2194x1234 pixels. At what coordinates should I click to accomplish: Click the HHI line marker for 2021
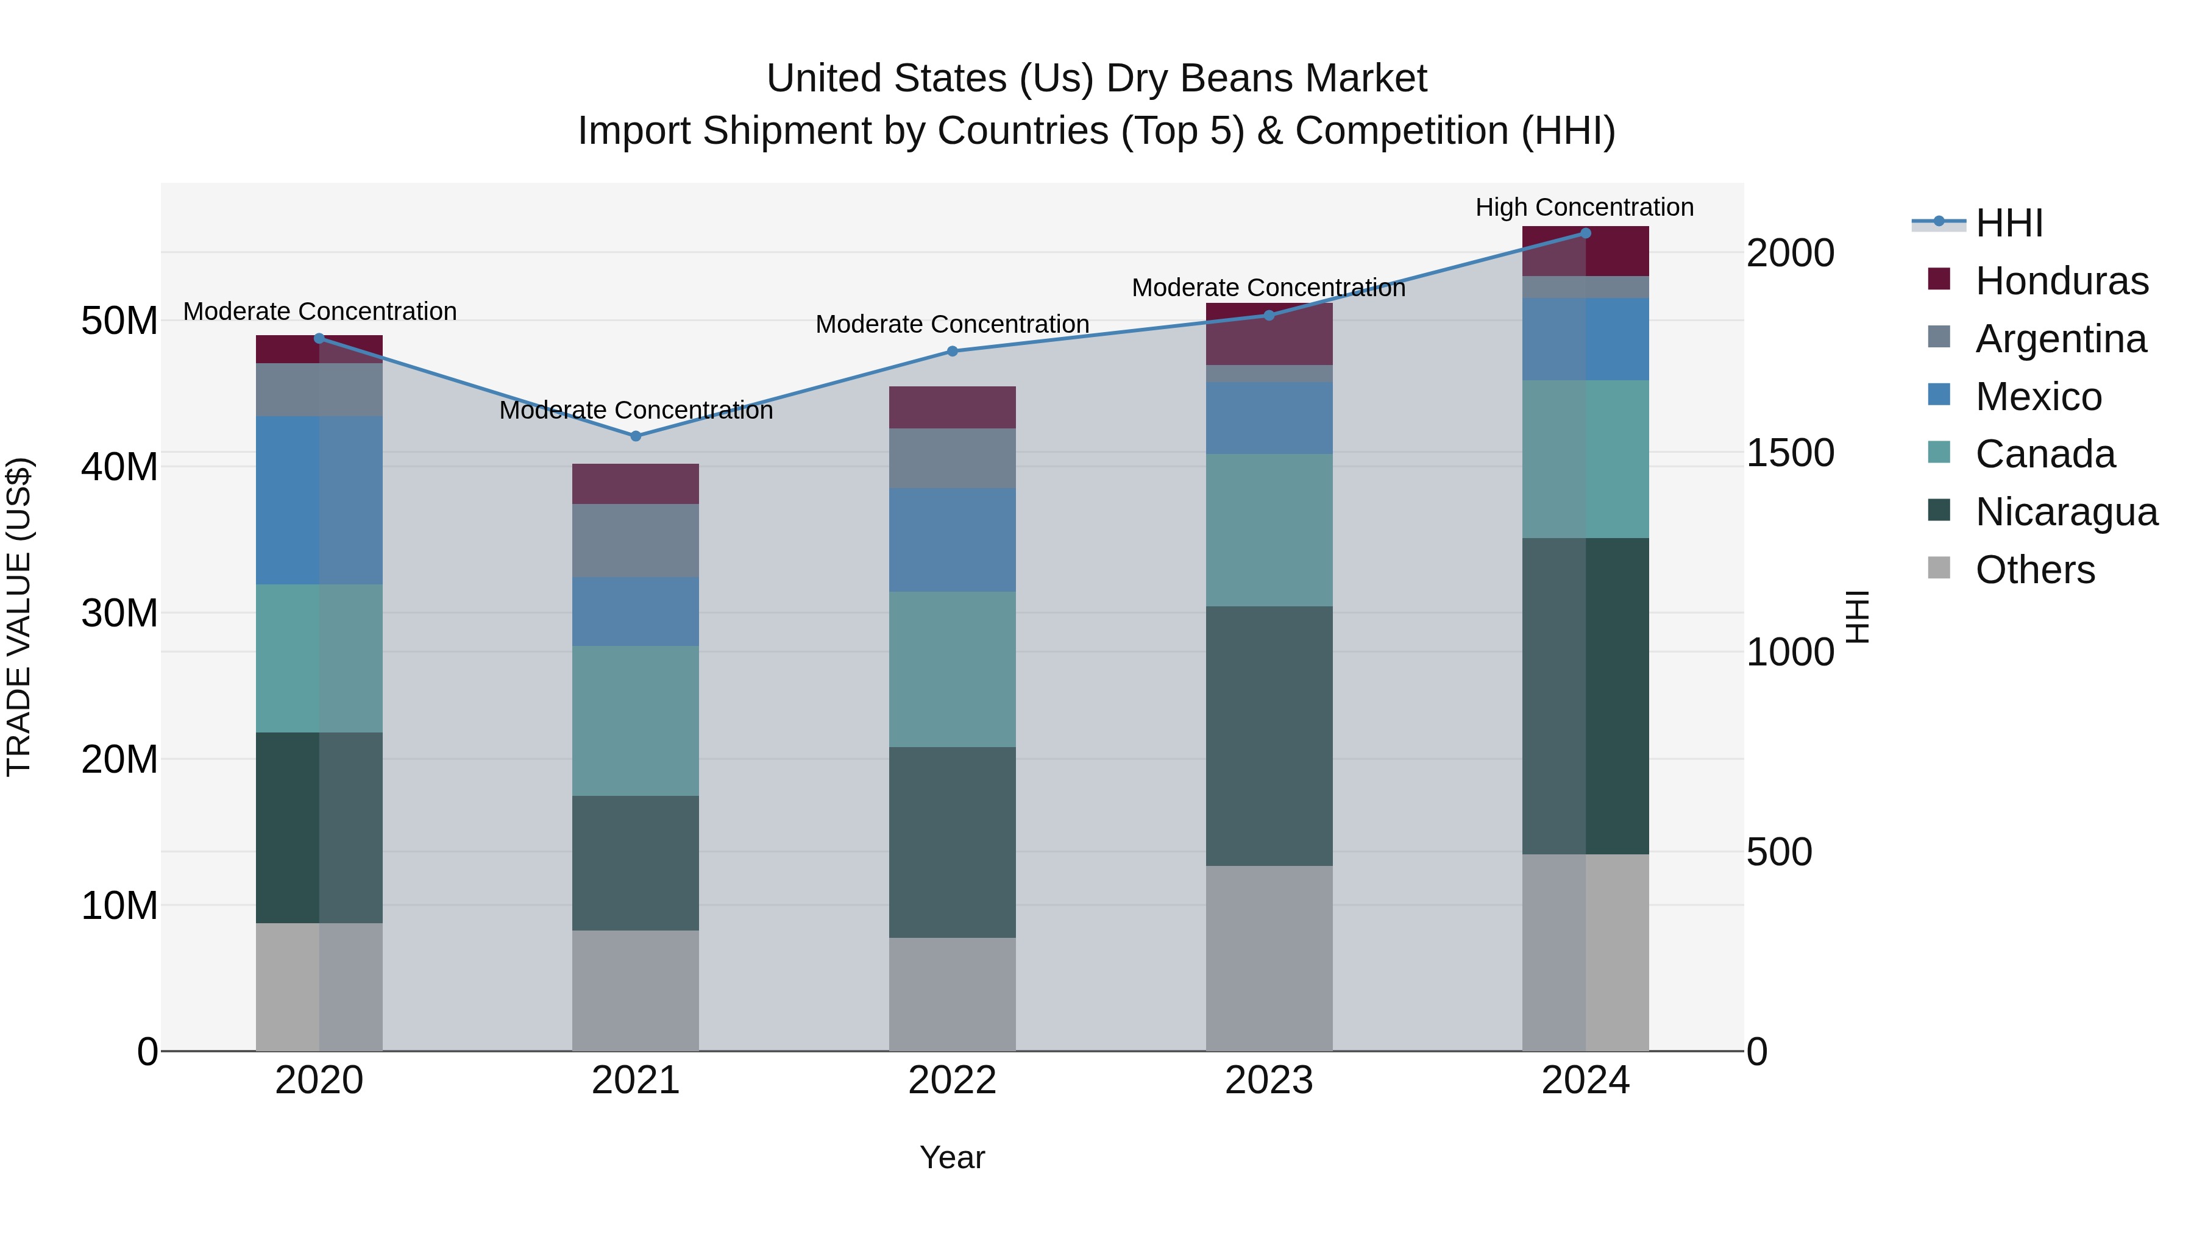click(x=636, y=436)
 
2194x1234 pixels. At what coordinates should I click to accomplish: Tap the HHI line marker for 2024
click(x=1585, y=233)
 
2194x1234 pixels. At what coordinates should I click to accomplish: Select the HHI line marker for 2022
click(x=952, y=351)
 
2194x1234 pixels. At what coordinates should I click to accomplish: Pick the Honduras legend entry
click(x=2061, y=281)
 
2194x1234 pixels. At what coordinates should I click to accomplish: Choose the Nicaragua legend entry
click(x=2065, y=512)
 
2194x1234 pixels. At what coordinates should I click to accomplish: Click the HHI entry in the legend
click(x=2008, y=223)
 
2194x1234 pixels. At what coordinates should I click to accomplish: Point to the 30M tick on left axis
click(x=119, y=613)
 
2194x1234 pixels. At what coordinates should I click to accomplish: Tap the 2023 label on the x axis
click(x=1269, y=1080)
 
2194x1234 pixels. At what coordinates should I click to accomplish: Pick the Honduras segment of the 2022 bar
click(x=952, y=407)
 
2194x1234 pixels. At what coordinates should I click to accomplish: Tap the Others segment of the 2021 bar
click(x=636, y=990)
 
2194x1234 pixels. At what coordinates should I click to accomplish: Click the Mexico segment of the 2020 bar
click(x=319, y=500)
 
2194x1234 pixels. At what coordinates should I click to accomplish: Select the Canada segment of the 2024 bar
click(x=1585, y=459)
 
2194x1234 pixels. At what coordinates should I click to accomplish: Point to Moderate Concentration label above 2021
click(x=636, y=411)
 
